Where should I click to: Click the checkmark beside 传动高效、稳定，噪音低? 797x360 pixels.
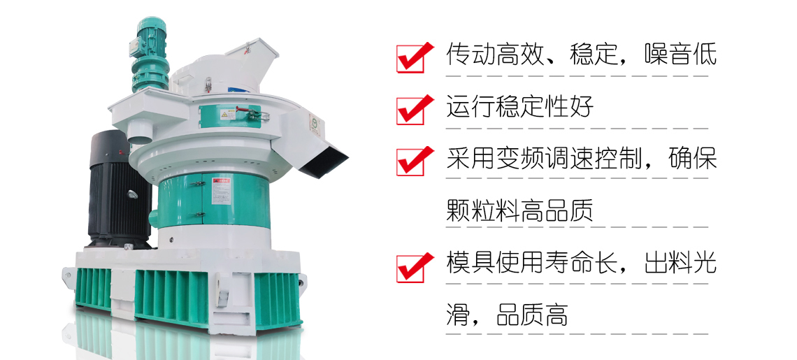coord(410,57)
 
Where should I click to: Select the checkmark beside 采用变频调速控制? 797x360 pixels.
coord(410,161)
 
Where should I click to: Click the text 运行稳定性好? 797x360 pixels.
coord(519,108)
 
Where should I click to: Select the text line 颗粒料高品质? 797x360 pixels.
coord(519,210)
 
